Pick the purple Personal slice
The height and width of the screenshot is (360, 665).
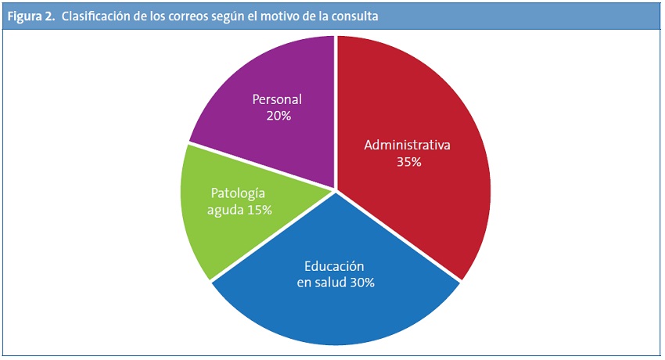pos(258,78)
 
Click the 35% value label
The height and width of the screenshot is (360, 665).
pos(408,163)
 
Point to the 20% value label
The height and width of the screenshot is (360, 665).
pos(278,116)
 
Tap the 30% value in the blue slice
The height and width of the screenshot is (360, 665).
pos(360,283)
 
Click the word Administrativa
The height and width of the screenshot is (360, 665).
pos(408,146)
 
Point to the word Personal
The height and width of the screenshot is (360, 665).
pos(277,99)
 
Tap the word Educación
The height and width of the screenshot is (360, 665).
pos(336,266)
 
